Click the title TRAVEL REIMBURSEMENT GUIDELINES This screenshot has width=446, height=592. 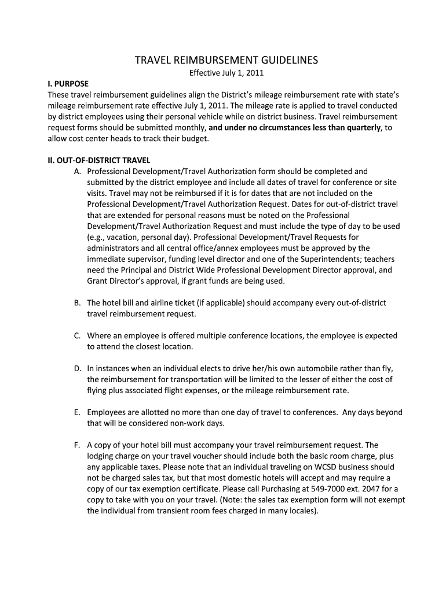point(226,60)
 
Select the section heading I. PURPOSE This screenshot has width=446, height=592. point(68,83)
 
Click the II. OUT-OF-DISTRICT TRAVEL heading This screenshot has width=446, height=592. point(99,161)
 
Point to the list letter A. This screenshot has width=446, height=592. point(77,172)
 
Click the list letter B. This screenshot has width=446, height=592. point(77,303)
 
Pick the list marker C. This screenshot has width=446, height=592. point(77,335)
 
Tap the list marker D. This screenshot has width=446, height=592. point(77,368)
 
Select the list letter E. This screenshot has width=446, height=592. point(77,412)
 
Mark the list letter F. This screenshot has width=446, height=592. point(77,445)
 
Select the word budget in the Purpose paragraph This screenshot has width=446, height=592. point(194,139)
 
